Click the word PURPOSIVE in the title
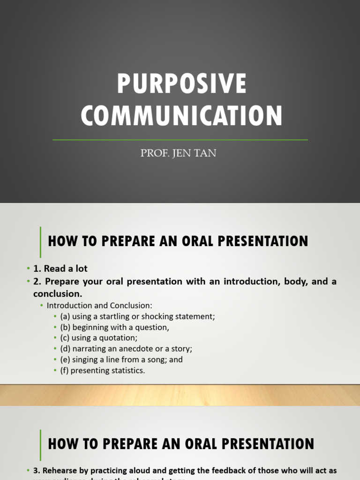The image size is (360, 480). pyautogui.click(x=181, y=84)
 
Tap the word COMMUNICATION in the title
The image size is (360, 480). pyautogui.click(x=181, y=116)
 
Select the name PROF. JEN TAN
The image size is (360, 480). pyautogui.click(x=178, y=153)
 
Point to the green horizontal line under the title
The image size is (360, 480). pyautogui.click(x=180, y=140)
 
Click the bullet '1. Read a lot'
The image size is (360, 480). pyautogui.click(x=60, y=269)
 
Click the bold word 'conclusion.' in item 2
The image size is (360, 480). pyautogui.click(x=58, y=294)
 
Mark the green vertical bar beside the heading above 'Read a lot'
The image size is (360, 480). pyautogui.click(x=41, y=241)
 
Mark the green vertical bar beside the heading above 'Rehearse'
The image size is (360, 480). pyautogui.click(x=41, y=444)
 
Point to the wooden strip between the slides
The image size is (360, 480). pyautogui.click(x=180, y=395)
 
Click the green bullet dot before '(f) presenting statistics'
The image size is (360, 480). pyautogui.click(x=55, y=371)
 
